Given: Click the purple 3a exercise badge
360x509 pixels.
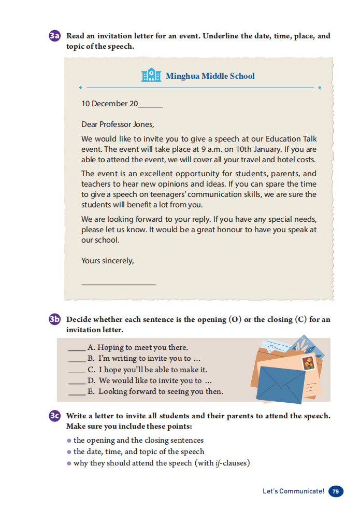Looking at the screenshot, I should [x=55, y=36].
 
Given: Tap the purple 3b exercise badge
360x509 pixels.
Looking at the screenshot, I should [x=55, y=319].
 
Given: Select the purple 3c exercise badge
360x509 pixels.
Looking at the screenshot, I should [x=55, y=416].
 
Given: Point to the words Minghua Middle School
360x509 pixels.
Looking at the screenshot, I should [x=210, y=76].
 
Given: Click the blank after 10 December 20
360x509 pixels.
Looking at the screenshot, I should [x=151, y=104].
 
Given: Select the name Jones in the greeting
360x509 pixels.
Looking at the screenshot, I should [x=142, y=124].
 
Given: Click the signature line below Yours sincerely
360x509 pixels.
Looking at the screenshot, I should [x=118, y=283].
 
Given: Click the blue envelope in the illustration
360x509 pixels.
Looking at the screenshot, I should [x=280, y=384].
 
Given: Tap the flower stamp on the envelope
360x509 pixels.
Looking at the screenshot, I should [x=309, y=363].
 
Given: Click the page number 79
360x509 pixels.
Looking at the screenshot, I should [x=336, y=491].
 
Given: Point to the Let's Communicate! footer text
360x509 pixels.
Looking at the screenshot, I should [x=293, y=491].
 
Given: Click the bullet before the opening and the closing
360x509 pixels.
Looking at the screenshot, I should [x=69, y=441].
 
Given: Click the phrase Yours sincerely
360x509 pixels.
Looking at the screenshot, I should [x=107, y=261].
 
